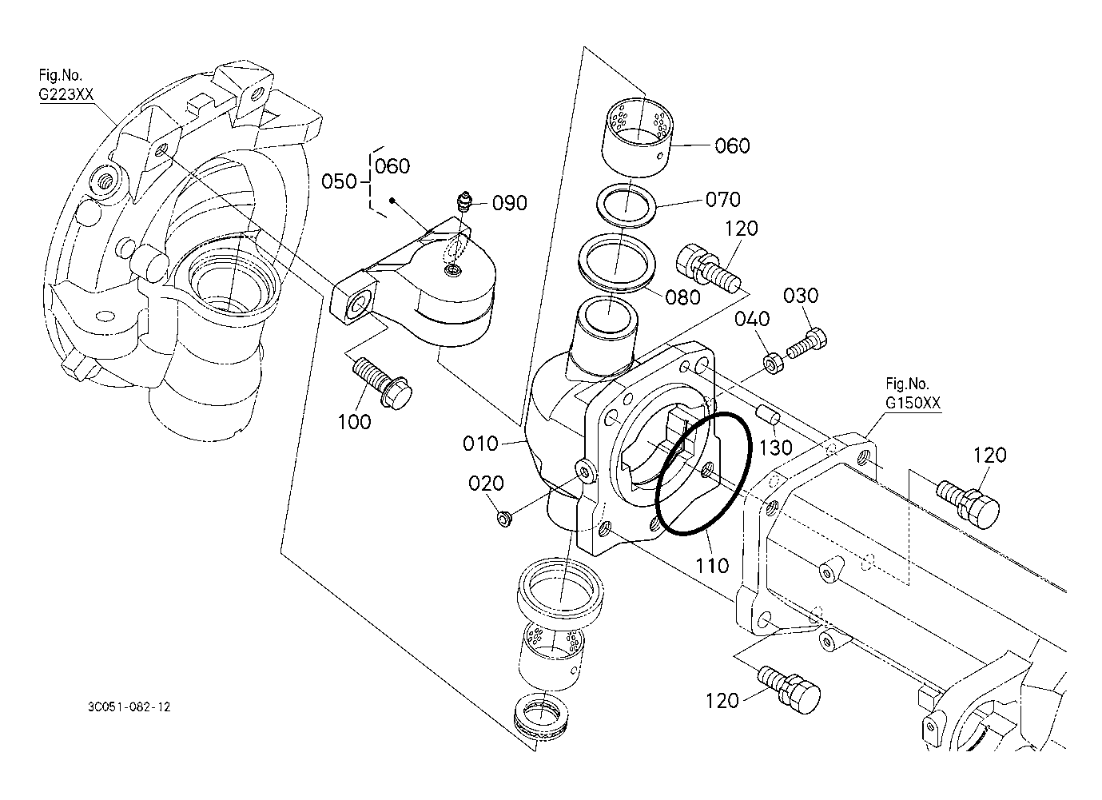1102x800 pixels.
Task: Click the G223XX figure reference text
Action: tap(66, 94)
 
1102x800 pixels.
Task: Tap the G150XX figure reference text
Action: tap(913, 403)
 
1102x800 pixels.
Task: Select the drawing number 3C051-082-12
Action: tap(129, 707)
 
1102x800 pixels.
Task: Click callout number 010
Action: tap(480, 444)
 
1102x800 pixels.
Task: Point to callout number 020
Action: tap(486, 484)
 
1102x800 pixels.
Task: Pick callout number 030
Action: tap(801, 296)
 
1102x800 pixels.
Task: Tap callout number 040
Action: tap(752, 319)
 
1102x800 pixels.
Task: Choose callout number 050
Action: tap(339, 181)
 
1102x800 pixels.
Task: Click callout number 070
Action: tap(723, 199)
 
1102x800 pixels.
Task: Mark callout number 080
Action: tap(682, 297)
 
